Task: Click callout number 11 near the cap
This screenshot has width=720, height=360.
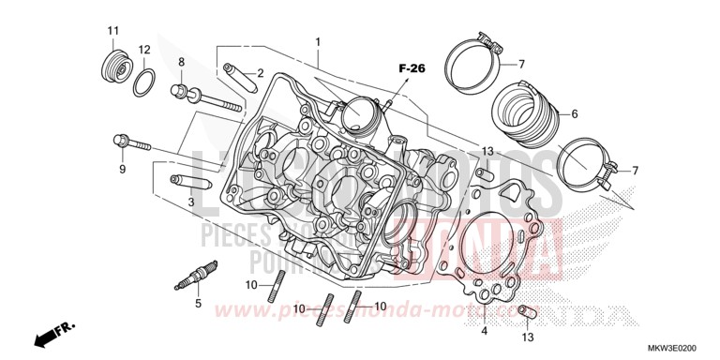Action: pos(112,33)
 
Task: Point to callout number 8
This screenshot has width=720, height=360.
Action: pos(182,62)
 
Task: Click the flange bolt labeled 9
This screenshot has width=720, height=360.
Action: pos(129,143)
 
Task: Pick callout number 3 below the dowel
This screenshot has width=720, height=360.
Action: pos(190,202)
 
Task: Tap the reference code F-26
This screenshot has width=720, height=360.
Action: pos(411,68)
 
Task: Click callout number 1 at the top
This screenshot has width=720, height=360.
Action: pos(318,42)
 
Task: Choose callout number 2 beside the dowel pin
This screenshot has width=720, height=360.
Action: pos(260,73)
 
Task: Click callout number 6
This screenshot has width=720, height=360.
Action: pos(575,113)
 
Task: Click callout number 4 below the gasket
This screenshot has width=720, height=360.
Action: pos(484,331)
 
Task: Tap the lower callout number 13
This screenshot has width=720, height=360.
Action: pos(528,337)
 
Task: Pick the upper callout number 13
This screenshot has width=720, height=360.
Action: pos(487,151)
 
